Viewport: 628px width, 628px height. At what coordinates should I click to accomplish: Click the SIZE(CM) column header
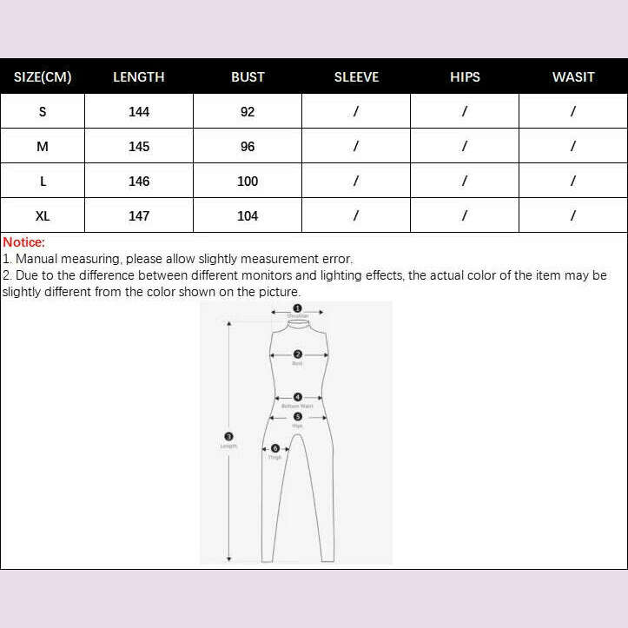[43, 76]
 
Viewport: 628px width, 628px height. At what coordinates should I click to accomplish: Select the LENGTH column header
[139, 76]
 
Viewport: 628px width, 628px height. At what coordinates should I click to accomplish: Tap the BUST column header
[248, 76]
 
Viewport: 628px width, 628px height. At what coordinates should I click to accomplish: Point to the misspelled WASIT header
[573, 76]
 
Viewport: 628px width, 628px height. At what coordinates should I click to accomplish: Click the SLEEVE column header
[356, 76]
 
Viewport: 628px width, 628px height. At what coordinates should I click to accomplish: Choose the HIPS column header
[465, 76]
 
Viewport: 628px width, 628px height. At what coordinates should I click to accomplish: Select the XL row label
[43, 215]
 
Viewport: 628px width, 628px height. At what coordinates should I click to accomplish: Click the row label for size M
[43, 146]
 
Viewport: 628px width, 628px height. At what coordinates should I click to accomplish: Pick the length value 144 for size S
[139, 111]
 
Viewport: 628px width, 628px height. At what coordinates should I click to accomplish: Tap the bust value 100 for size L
[248, 181]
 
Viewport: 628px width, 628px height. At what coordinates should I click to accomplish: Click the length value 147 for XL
[139, 215]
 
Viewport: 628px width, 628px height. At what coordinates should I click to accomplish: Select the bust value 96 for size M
[248, 146]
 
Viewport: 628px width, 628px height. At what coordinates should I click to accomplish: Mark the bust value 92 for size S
[248, 111]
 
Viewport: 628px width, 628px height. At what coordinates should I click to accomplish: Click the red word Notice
[23, 242]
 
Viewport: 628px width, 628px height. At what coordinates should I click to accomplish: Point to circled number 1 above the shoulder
[297, 308]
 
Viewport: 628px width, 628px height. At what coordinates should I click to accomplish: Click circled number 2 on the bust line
[297, 354]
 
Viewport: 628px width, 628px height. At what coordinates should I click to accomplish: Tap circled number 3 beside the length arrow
[228, 437]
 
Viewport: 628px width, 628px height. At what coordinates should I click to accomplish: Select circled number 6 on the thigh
[275, 448]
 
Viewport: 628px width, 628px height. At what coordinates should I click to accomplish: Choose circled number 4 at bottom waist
[297, 397]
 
